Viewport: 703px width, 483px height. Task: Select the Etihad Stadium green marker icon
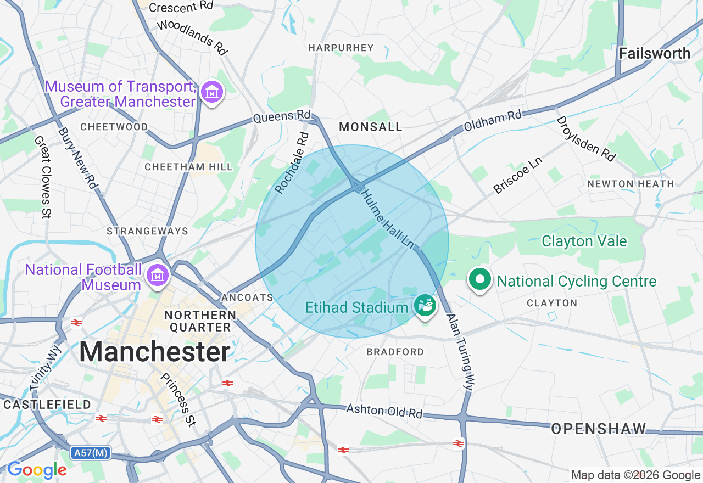[425, 306]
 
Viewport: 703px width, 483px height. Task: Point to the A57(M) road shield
[91, 453]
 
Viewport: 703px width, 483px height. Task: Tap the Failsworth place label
[655, 53]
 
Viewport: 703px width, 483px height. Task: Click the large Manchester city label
[155, 352]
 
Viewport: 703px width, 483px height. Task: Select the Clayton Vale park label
[584, 241]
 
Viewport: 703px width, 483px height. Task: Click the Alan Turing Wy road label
[460, 352]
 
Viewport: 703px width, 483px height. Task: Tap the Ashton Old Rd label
[384, 411]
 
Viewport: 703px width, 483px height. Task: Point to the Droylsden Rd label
[585, 138]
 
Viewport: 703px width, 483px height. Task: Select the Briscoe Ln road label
[517, 176]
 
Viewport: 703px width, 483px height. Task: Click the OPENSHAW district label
[598, 429]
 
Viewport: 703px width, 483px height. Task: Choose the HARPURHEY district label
[341, 48]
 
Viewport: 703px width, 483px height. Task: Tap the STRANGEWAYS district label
[147, 231]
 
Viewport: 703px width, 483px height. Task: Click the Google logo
[37, 470]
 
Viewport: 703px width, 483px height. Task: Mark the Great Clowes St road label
[43, 177]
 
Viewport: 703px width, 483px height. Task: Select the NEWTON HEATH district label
[631, 184]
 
